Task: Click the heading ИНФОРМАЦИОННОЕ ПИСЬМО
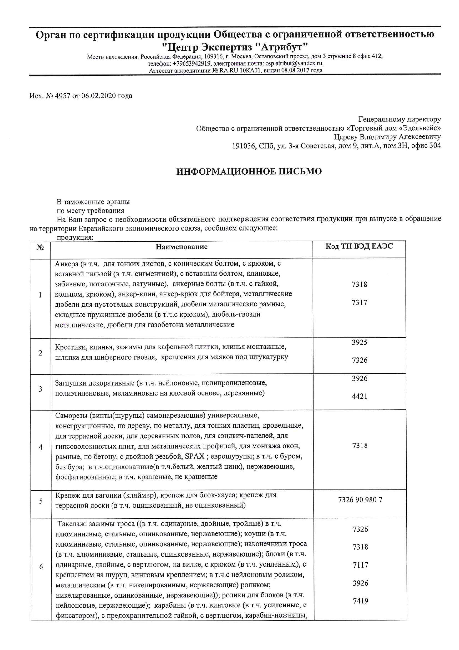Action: click(x=249, y=172)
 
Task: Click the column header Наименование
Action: click(x=181, y=247)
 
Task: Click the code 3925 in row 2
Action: click(x=359, y=342)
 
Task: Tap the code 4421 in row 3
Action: click(x=359, y=396)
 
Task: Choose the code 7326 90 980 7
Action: click(x=360, y=500)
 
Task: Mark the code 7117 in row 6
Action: click(x=360, y=565)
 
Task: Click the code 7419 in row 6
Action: click(x=360, y=601)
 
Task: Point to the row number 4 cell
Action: click(x=41, y=447)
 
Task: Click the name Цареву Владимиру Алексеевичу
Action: click(x=387, y=137)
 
